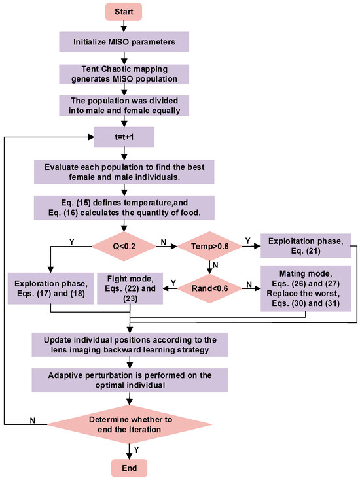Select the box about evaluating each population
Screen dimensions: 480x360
[x=131, y=172]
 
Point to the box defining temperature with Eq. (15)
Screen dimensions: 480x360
[x=131, y=207]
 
